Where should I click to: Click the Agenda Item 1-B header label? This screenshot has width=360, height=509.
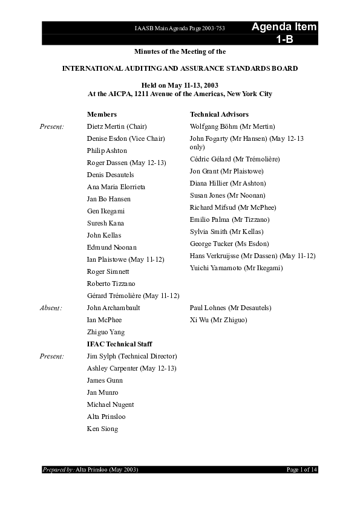284,33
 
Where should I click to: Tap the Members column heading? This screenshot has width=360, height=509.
102,114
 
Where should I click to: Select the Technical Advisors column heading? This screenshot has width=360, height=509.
219,114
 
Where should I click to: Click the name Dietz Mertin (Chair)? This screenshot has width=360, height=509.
117,126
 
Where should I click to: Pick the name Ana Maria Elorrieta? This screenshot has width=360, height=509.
116,187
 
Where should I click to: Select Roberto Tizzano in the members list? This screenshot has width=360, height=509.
111,284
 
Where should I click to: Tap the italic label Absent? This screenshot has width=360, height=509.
51,308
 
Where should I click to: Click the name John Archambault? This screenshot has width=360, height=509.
114,308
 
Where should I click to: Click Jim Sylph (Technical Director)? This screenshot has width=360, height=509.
132,356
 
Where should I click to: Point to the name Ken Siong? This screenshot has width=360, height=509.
103,429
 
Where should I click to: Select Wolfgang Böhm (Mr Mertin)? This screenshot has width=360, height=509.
232,126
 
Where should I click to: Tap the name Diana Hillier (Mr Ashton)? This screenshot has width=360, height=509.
227,183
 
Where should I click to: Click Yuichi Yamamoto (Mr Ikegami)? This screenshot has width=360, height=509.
236,268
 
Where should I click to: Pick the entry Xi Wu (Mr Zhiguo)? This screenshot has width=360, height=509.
218,320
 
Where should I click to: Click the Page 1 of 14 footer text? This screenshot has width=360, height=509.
301,470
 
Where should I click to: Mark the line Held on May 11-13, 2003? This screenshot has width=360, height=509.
180,86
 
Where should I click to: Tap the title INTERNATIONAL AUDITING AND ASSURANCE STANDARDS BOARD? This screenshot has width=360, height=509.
180,69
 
